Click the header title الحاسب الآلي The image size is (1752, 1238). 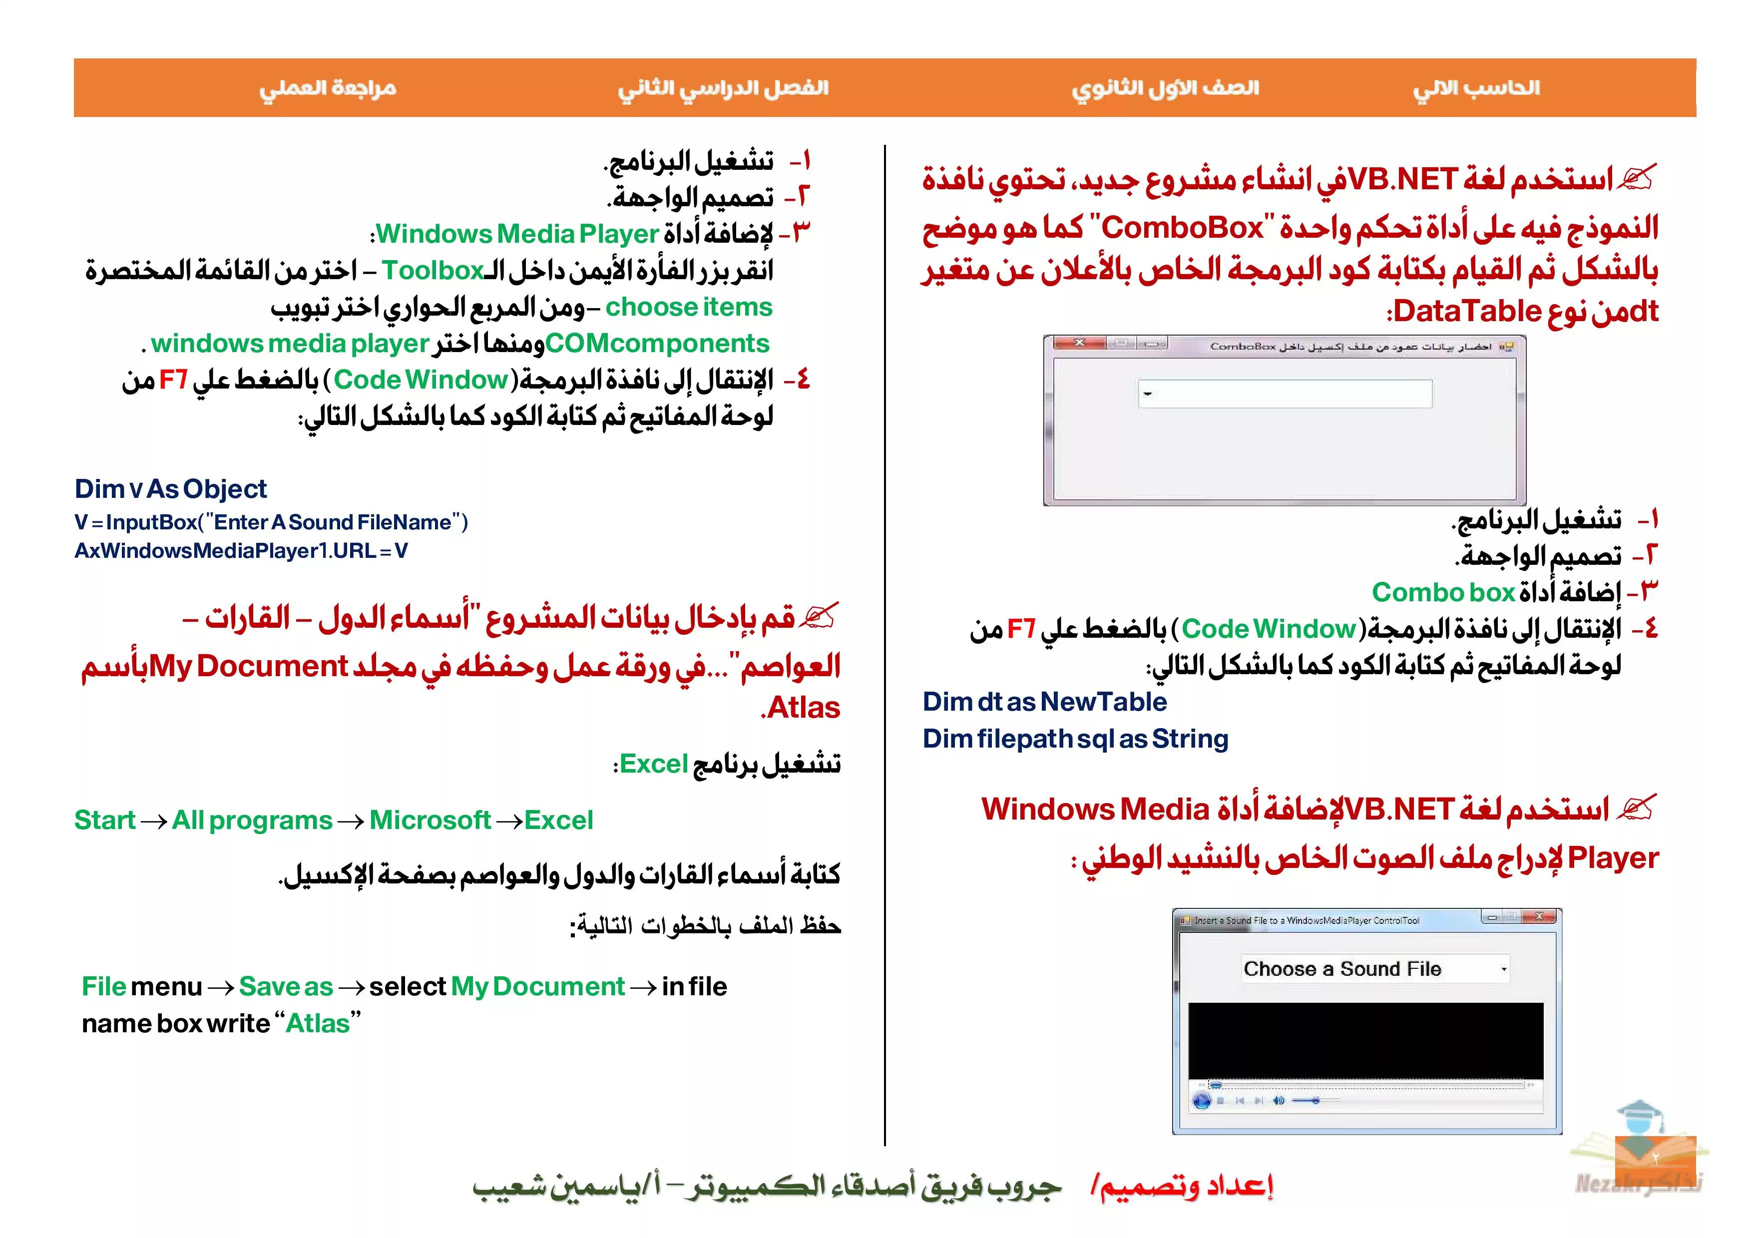(1476, 88)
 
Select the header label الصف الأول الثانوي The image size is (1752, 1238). (1165, 88)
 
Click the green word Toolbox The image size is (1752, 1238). (433, 270)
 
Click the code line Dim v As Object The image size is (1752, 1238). (170, 488)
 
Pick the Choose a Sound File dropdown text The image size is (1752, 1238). (1342, 969)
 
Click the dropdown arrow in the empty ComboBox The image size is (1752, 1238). (1147, 394)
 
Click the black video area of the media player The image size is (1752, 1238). (1365, 1040)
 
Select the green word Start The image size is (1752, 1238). (104, 820)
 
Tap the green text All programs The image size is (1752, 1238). (252, 820)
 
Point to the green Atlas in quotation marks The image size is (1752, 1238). (318, 1023)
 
